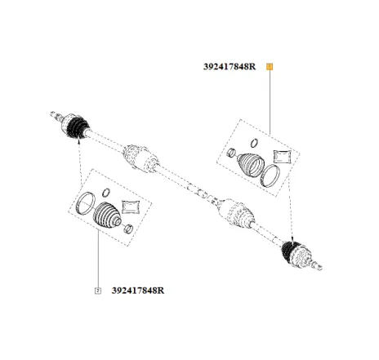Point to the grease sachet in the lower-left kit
[131, 205]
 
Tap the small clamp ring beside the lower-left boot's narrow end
[126, 229]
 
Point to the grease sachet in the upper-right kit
[281, 155]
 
